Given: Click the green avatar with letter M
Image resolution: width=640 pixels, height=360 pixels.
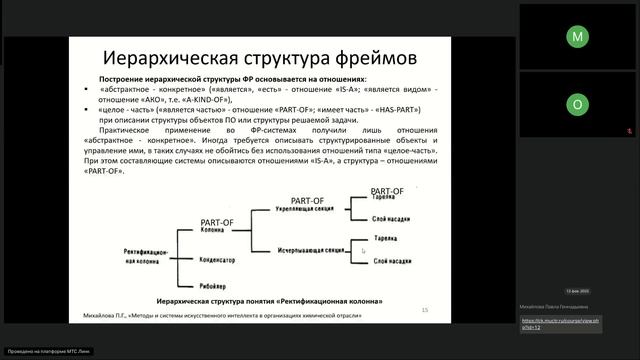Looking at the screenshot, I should point(577,36).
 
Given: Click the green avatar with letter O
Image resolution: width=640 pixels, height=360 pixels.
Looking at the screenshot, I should point(577,104).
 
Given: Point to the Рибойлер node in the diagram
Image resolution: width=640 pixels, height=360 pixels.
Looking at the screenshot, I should point(214,284).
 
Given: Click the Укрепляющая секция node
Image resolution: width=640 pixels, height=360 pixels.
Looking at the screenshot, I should point(306,212).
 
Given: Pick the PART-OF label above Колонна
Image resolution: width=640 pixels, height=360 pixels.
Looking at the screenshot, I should point(217,220).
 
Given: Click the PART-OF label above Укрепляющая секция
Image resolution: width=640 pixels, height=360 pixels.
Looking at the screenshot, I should point(307,202).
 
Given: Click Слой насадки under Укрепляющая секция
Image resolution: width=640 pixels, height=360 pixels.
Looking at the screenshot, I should point(393,217).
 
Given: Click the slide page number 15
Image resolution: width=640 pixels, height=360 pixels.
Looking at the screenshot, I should point(425,310).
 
